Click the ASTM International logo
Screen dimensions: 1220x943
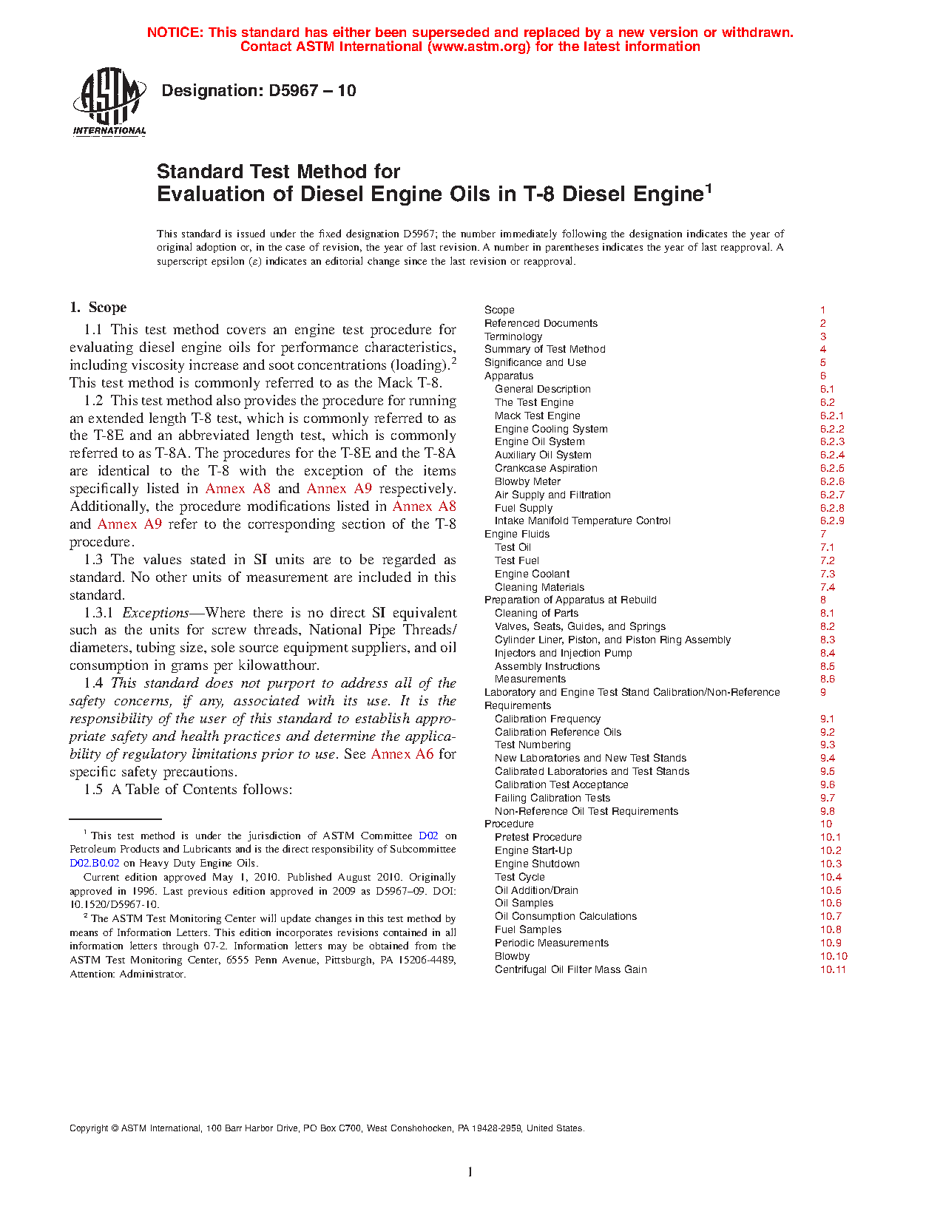point(109,102)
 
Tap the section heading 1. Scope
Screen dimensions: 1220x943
point(98,308)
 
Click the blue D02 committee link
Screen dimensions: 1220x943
point(428,836)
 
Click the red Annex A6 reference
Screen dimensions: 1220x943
point(402,754)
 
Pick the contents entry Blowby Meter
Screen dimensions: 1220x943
point(527,481)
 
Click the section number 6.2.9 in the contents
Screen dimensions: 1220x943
point(832,521)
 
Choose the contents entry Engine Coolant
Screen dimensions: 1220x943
point(532,574)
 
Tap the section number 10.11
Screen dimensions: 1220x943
point(833,969)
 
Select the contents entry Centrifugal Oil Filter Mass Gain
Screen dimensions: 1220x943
point(570,969)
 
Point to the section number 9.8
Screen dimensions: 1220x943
point(828,811)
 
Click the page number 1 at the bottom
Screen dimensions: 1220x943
point(470,1172)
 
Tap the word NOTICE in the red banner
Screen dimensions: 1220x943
point(175,33)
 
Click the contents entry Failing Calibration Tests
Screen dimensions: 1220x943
point(552,798)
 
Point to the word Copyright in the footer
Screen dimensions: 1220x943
point(89,1128)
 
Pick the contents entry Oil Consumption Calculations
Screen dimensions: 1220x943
point(565,916)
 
